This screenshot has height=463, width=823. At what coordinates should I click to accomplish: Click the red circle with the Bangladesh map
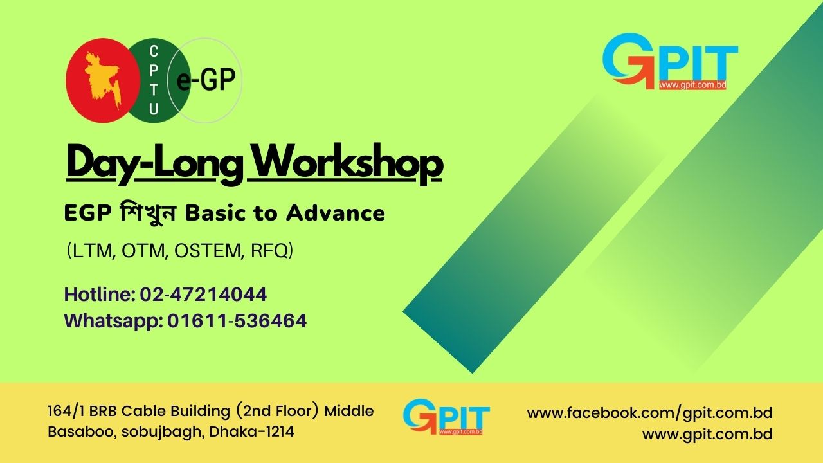click(103, 80)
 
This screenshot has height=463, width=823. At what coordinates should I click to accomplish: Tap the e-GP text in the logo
click(206, 80)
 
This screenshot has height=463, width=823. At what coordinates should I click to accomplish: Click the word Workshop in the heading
click(348, 163)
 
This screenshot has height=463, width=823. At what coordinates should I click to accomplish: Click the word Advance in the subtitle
click(336, 213)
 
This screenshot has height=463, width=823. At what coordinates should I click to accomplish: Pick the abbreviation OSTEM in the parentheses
click(207, 251)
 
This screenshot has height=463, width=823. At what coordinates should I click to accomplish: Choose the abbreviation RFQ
click(269, 251)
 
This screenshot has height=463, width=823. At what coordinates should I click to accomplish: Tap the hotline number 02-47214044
click(203, 295)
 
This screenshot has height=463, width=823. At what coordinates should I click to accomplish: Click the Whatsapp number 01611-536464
click(237, 321)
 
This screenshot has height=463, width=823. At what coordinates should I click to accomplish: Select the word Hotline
click(100, 295)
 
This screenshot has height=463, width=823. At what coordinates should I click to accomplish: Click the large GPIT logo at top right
click(670, 62)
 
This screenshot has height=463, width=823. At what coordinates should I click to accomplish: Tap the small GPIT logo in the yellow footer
click(446, 417)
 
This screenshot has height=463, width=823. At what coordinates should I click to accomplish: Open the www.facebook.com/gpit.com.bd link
click(649, 413)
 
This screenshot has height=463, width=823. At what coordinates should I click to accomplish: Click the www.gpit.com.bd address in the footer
click(707, 434)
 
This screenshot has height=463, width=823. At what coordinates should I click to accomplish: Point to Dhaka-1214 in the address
click(251, 431)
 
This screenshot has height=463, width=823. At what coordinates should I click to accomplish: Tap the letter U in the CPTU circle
click(154, 109)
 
